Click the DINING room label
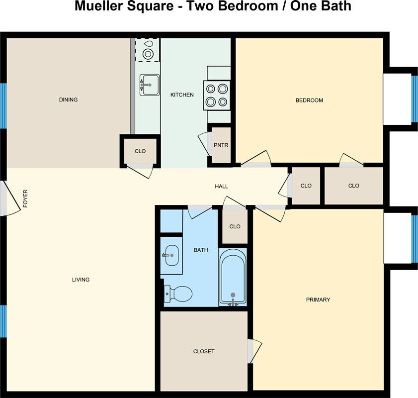coord(68,99)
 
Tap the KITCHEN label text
coord(182,95)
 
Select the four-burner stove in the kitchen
coord(217,95)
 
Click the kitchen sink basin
coord(150,85)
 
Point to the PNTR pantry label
coord(221,145)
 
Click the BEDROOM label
coord(309,100)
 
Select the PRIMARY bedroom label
coord(318,299)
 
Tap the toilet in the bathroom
coord(178,294)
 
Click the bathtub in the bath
coord(233,277)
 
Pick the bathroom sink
coord(171,256)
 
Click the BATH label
coord(201,250)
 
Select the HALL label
coord(222,186)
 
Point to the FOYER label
coord(25,199)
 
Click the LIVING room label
coord(81,280)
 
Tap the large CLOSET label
coord(204,351)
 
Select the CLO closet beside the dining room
coord(140,151)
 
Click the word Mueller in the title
coord(97,6)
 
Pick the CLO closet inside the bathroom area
coord(235,226)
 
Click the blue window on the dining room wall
coord(3,106)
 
